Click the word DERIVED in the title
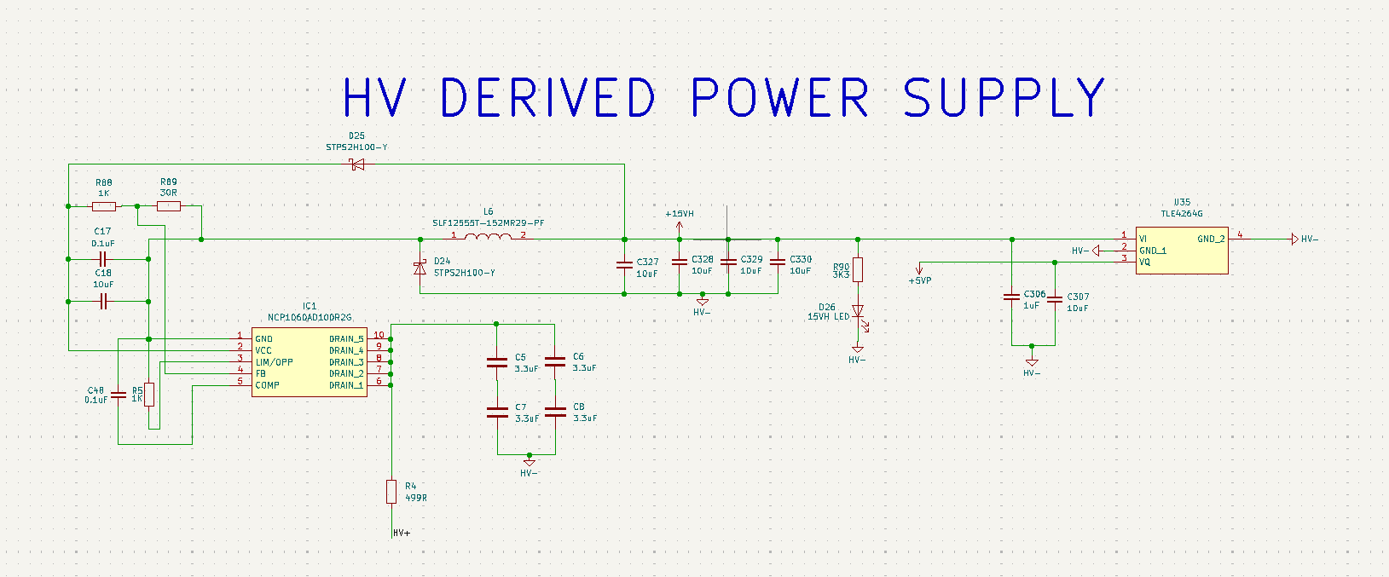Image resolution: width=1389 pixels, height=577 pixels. pos(547,97)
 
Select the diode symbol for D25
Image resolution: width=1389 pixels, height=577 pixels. pos(357,164)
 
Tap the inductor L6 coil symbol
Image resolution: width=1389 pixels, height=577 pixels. pos(489,236)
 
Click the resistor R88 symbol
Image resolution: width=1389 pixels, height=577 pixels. pos(104,206)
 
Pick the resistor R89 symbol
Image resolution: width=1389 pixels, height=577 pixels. pos(169,206)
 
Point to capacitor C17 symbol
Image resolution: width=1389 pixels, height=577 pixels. pos(103,259)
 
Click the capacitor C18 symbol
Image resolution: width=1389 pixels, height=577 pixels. pos(103,301)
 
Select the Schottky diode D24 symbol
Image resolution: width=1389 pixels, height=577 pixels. pos(420,268)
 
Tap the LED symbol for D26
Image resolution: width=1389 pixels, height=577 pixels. pos(858,312)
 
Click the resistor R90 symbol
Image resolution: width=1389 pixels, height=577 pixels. pos(858,269)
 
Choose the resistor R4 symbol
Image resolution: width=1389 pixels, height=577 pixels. pos(391,492)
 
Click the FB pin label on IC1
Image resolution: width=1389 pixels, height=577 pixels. pos(261,373)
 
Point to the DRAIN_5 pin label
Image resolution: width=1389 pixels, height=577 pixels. pos(346,339)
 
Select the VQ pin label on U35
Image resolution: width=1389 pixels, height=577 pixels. pos(1144,263)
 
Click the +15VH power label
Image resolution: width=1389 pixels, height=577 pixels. pos(680,214)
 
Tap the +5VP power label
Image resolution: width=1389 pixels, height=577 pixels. pos(920,280)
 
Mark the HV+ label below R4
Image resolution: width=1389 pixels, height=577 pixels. pos(402,534)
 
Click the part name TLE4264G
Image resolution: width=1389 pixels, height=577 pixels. pos(1181,214)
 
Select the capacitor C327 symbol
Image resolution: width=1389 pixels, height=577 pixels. pos(625,266)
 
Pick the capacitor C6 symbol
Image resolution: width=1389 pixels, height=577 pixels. pos(555,362)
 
